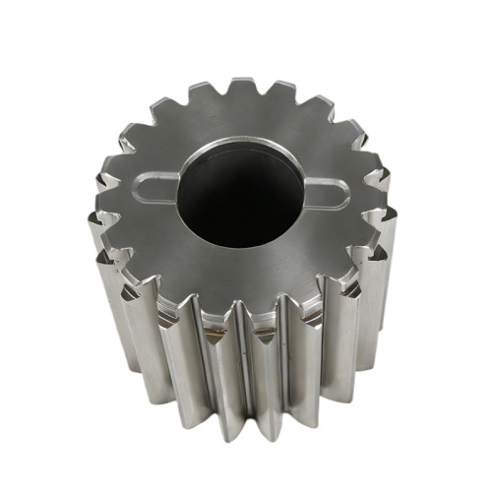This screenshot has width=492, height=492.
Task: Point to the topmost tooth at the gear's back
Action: tap(243, 90)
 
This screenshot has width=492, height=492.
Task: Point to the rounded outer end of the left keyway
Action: tap(141, 185)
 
